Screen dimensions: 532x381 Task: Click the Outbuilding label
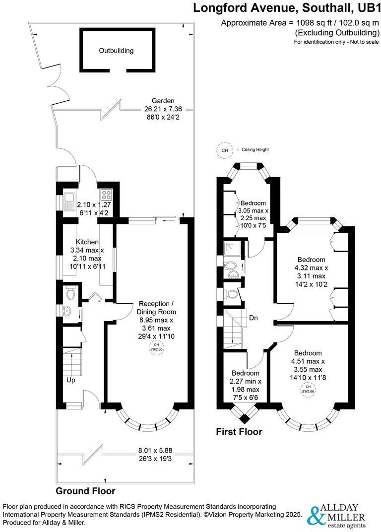pyautogui.click(x=116, y=51)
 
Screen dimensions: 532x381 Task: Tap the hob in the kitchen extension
pyautogui.click(x=106, y=194)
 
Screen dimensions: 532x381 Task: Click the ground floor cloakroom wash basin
pyautogui.click(x=67, y=311)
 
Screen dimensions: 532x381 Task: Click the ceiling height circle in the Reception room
pyautogui.click(x=156, y=347)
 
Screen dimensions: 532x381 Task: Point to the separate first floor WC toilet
pyautogui.click(x=231, y=294)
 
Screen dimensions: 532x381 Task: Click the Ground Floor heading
pyautogui.click(x=85, y=491)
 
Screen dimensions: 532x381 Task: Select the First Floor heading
pyautogui.click(x=239, y=432)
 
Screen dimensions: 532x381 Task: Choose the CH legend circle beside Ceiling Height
pyautogui.click(x=224, y=150)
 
